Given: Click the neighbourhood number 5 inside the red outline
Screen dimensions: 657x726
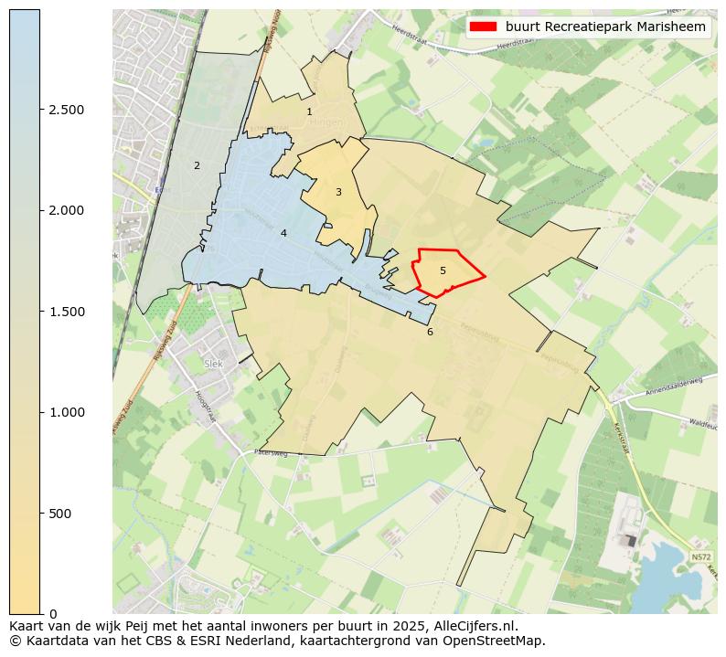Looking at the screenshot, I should point(443,270).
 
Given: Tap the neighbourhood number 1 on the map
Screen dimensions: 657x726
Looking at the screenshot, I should point(309,112).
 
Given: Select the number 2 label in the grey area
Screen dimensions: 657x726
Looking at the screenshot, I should point(196,165).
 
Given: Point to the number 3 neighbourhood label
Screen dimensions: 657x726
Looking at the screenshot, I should point(338,192).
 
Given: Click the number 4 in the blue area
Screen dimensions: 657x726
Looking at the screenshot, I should point(283,233).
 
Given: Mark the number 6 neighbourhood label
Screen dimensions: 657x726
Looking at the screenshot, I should point(430,332).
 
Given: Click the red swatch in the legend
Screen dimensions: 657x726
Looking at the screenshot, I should point(483,27).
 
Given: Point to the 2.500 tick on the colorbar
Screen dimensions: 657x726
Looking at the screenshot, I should point(66,110).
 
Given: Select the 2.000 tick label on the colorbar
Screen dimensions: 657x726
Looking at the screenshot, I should point(66,210).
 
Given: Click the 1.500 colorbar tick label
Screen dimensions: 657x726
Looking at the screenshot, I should point(66,312).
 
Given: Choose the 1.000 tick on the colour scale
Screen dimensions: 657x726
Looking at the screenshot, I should point(66,412).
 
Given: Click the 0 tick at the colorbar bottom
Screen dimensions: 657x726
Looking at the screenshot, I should point(53,613).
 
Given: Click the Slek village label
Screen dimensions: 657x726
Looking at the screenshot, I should point(214,363).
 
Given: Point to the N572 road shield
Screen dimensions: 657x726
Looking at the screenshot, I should point(700,556).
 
